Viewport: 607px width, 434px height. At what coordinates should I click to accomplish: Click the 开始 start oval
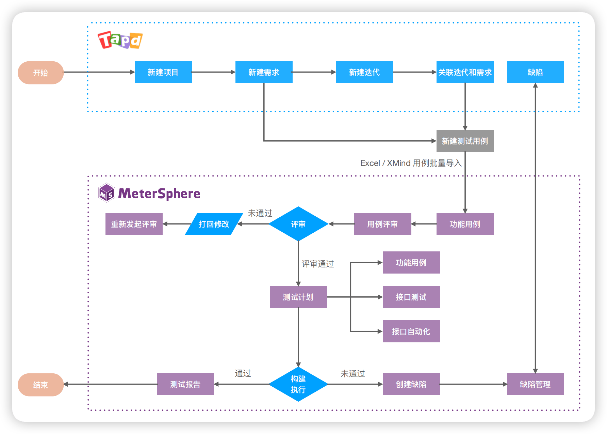point(40,73)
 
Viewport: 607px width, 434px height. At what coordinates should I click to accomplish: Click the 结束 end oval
point(40,385)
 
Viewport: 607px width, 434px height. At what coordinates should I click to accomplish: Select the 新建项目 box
point(163,72)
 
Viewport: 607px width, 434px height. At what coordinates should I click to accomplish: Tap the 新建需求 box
point(264,72)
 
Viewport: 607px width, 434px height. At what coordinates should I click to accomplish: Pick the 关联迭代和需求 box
point(465,72)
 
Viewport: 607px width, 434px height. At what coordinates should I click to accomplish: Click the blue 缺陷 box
point(535,72)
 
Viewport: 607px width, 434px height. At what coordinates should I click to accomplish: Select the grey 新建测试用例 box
point(465,141)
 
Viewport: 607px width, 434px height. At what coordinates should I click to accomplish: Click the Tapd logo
point(120,40)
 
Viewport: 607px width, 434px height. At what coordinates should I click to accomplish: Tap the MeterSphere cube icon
point(106,193)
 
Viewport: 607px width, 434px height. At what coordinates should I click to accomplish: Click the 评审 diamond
point(298,224)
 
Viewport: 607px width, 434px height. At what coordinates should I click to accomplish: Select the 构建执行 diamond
point(298,384)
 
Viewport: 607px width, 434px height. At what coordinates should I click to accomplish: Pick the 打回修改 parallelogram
point(214,224)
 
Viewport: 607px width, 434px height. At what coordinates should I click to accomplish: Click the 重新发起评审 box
point(134,224)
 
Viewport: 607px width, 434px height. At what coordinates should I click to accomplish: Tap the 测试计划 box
point(298,297)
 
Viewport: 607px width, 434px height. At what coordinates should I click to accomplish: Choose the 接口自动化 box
point(411,331)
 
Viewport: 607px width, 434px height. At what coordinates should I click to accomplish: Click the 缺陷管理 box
point(535,384)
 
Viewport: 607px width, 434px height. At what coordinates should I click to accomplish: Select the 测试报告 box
point(185,384)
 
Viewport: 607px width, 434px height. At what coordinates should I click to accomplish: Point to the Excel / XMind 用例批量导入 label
point(411,163)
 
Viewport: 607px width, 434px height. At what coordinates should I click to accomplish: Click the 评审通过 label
point(317,264)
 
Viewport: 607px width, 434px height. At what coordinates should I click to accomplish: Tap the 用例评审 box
point(382,224)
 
